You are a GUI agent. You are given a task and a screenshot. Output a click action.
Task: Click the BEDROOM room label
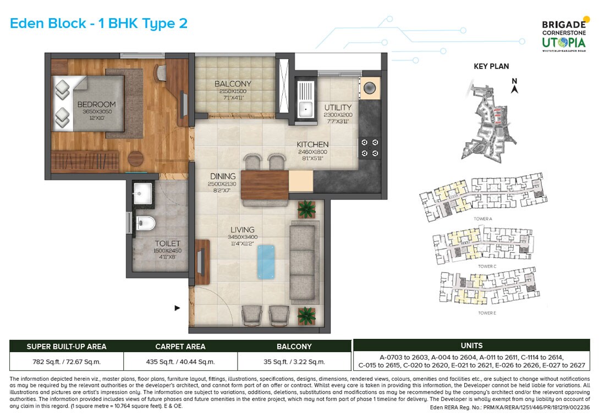tap(96, 104)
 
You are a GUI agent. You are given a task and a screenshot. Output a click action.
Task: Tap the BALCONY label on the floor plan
tap(233, 84)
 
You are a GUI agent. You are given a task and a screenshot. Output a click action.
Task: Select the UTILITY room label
tap(337, 107)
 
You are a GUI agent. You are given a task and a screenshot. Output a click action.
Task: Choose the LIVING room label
tap(243, 230)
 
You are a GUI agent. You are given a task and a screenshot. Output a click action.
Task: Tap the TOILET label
tap(168, 243)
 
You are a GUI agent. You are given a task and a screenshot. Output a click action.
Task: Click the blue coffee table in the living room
tap(266, 261)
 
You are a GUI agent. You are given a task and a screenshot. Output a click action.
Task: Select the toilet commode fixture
tap(145, 223)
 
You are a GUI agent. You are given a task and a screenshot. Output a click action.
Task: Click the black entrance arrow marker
tap(177, 308)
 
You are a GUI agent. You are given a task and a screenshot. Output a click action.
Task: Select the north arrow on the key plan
tap(515, 87)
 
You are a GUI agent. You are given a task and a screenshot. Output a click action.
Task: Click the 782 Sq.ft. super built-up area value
tap(67, 361)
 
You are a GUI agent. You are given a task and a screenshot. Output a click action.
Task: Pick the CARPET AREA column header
tap(180, 347)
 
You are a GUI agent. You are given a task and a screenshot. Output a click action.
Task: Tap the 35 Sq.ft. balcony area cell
tap(294, 361)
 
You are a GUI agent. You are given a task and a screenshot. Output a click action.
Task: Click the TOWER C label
tap(487, 266)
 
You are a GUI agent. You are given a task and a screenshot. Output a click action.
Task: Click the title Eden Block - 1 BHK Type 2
tap(99, 23)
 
